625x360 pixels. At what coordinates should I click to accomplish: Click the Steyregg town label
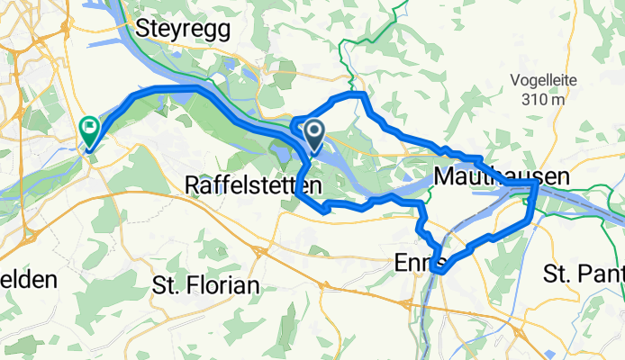(182, 29)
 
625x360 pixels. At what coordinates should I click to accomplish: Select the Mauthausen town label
(501, 178)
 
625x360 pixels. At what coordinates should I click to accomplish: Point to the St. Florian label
(205, 287)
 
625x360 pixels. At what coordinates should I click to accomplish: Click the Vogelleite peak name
(542, 79)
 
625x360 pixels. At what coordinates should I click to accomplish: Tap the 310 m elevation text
(542, 99)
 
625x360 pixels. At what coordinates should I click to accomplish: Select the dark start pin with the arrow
(314, 136)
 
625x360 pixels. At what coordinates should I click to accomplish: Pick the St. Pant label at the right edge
(584, 273)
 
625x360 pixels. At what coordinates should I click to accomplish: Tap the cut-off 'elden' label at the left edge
(28, 279)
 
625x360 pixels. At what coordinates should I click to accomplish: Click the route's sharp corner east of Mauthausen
(536, 183)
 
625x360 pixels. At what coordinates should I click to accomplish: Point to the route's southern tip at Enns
(438, 267)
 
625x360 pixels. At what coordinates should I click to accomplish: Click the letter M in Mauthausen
(442, 178)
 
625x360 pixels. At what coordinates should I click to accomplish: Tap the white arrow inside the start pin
(314, 132)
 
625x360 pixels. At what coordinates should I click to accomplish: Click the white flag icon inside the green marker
(90, 128)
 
